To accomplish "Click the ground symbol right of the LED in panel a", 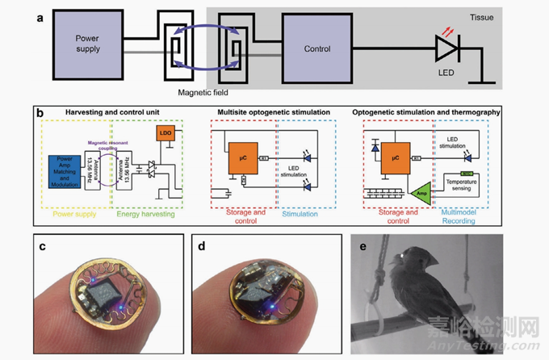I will click(488, 81).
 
